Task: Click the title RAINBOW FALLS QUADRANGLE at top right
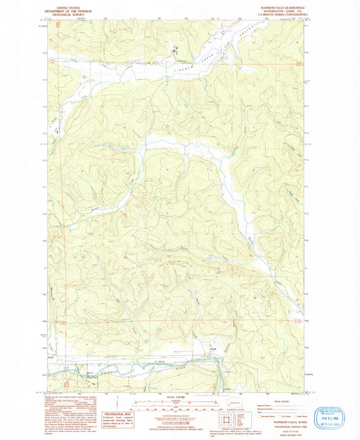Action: (280, 7)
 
